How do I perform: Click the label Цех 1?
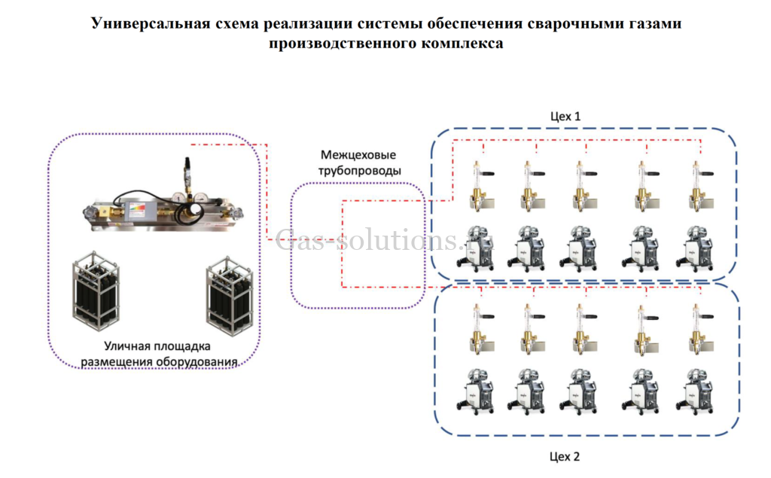(x=565, y=117)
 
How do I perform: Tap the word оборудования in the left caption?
(x=197, y=361)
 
